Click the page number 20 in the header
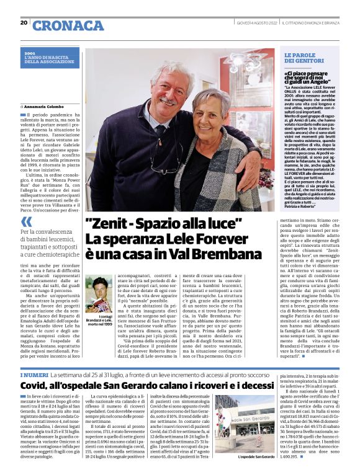click(x=24, y=23)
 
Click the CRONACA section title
click(x=60, y=25)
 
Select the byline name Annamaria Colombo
click(x=43, y=107)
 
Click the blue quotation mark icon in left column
click(x=25, y=221)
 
